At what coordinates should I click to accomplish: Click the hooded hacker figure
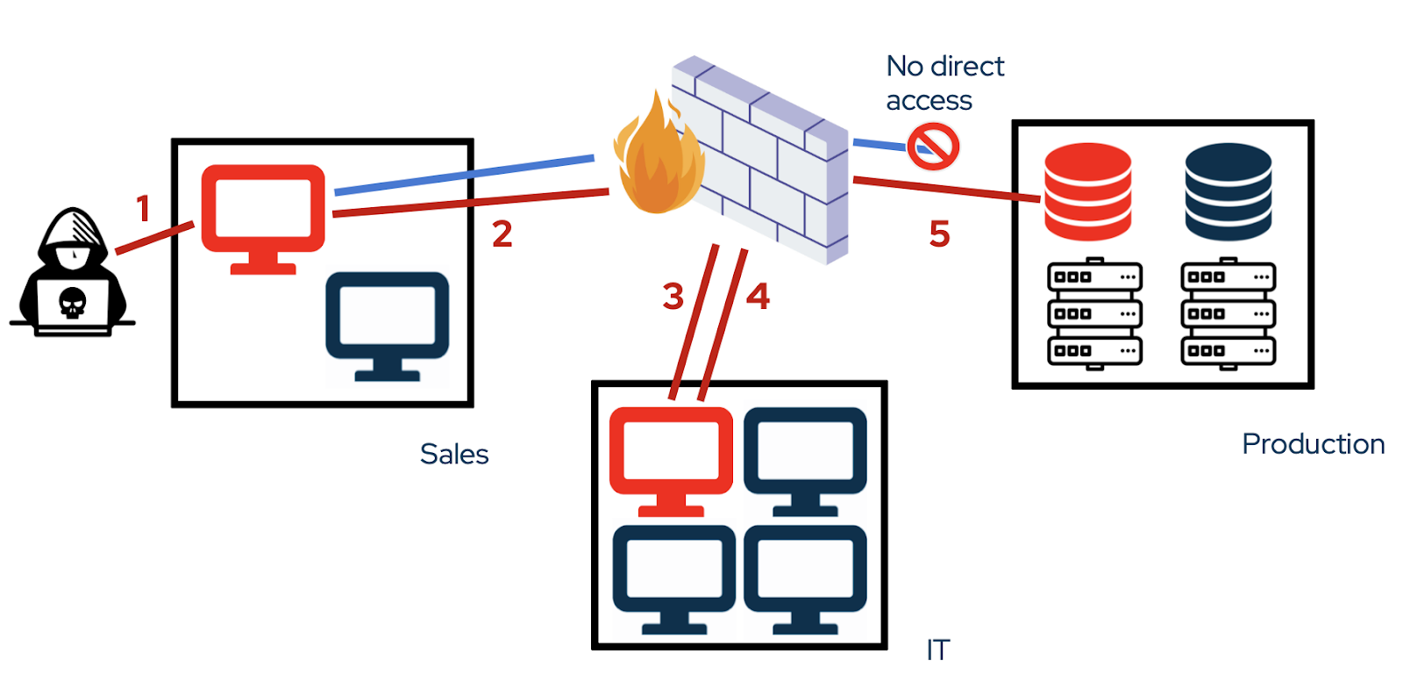pyautogui.click(x=73, y=272)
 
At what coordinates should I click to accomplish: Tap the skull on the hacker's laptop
pyautogui.click(x=72, y=304)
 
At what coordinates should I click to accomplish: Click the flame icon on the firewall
pyautogui.click(x=658, y=158)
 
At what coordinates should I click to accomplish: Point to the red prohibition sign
pyautogui.click(x=933, y=147)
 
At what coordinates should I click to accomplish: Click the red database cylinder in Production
pyautogui.click(x=1087, y=191)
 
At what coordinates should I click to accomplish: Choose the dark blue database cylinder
pyautogui.click(x=1228, y=191)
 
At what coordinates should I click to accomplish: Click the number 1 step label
pyautogui.click(x=143, y=209)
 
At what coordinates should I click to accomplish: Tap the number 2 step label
pyautogui.click(x=502, y=233)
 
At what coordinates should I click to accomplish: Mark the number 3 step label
pyautogui.click(x=673, y=297)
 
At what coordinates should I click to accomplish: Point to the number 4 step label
pyautogui.click(x=758, y=296)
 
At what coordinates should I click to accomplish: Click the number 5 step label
pyautogui.click(x=939, y=233)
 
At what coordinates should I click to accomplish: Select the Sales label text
pyautogui.click(x=454, y=454)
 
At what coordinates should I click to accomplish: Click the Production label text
pyautogui.click(x=1313, y=443)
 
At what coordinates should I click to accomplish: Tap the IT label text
pyautogui.click(x=937, y=650)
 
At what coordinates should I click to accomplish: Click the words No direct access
pyautogui.click(x=944, y=83)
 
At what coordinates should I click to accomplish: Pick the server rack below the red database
pyautogui.click(x=1094, y=313)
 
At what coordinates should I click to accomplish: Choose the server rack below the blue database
pyautogui.click(x=1228, y=313)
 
